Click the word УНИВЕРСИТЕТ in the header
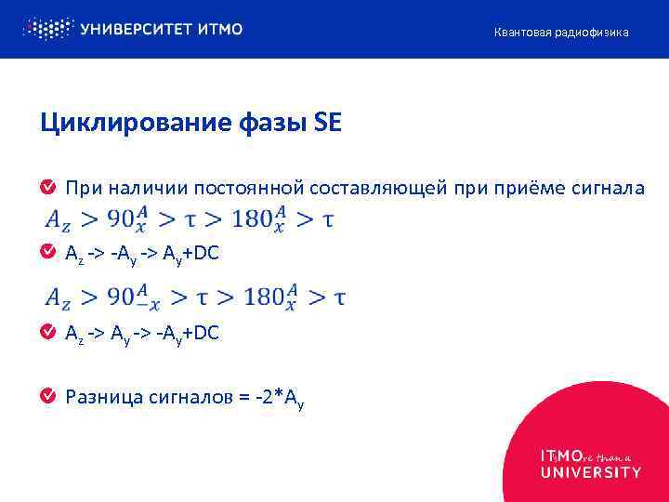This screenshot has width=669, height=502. (x=137, y=29)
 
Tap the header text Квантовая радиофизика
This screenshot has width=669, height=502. (x=560, y=33)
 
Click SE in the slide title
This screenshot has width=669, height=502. (x=328, y=124)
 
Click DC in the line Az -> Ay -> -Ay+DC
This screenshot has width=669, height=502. (x=208, y=332)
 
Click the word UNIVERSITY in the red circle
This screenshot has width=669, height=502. (x=591, y=472)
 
